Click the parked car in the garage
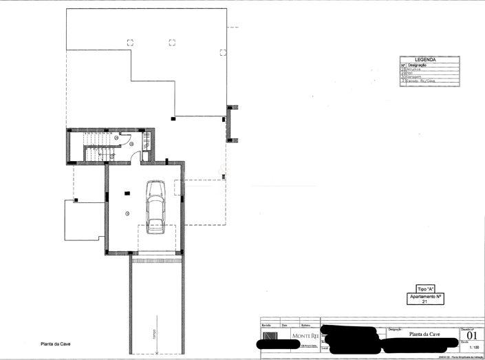tap(155, 207)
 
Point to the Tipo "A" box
tap(425, 288)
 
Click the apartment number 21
tap(424, 301)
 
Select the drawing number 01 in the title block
tap(471, 336)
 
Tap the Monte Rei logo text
tap(305, 335)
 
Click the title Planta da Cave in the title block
tap(424, 334)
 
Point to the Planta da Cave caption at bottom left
tap(56, 343)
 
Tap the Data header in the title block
tap(285, 324)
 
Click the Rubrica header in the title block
tap(305, 324)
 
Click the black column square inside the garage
tap(127, 193)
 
